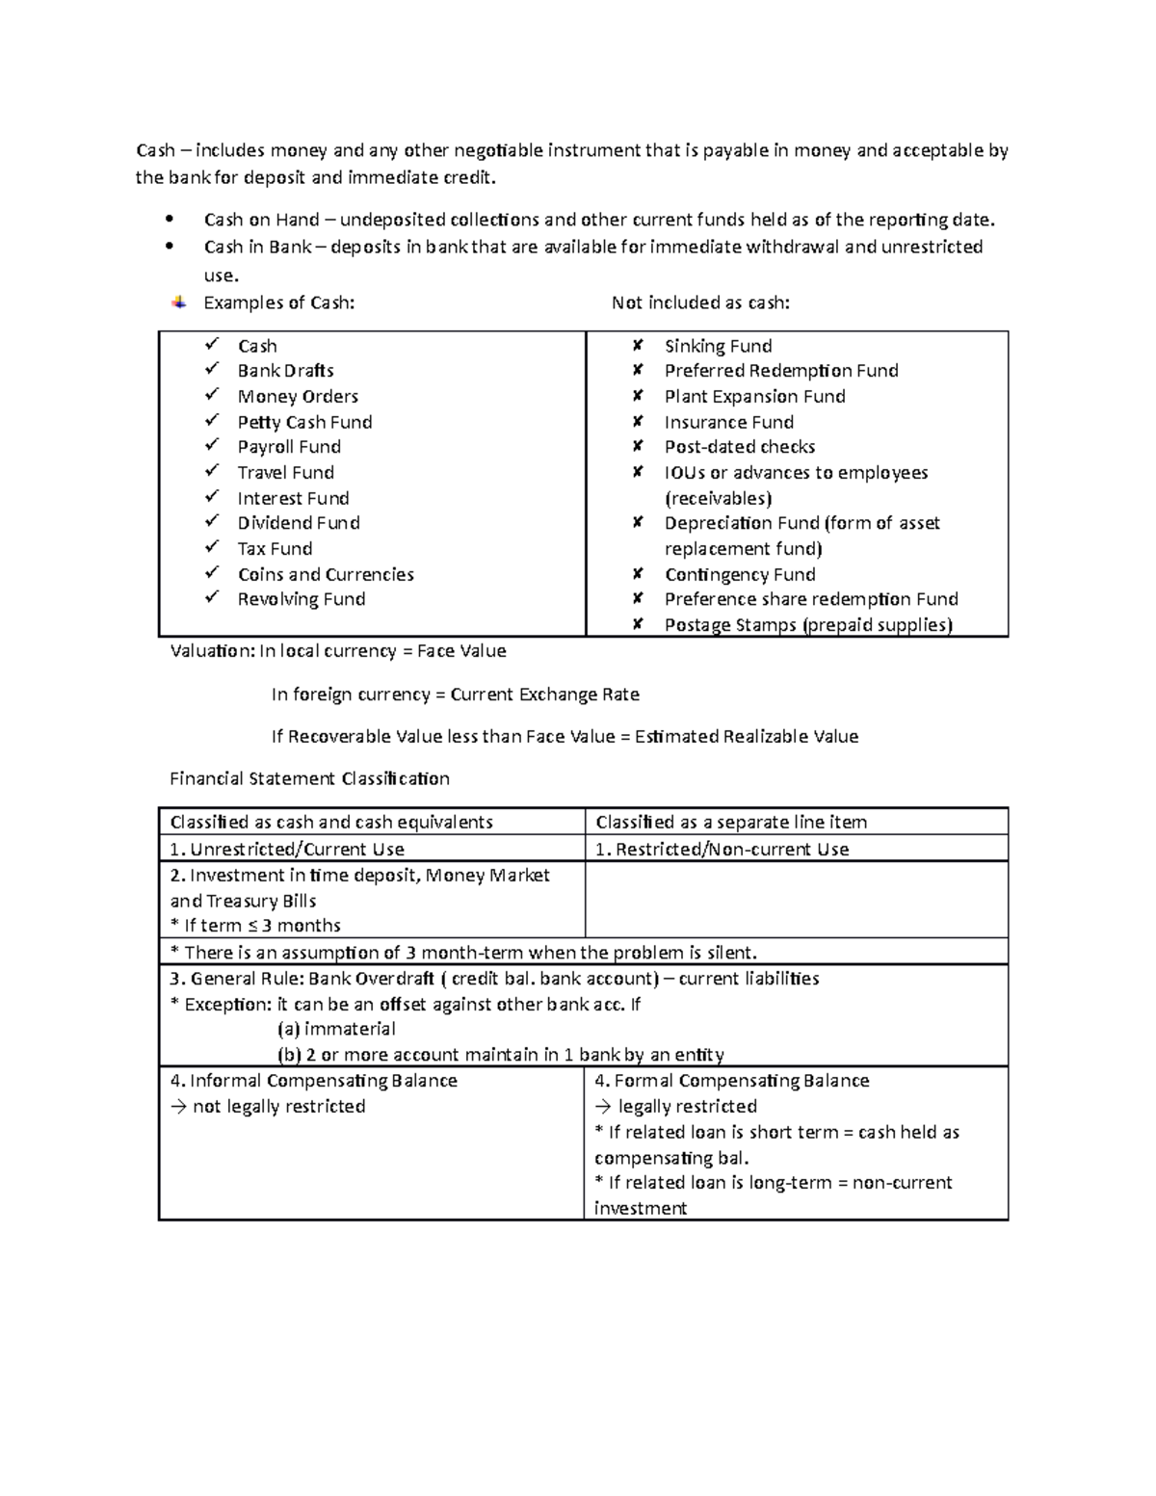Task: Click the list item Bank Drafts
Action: point(285,371)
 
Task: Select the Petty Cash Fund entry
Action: point(304,422)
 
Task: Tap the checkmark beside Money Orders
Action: point(212,395)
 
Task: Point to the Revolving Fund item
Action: point(301,599)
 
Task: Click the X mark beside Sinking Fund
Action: point(637,345)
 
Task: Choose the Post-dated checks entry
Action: point(739,447)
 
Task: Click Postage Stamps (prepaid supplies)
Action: point(807,625)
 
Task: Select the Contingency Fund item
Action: point(739,575)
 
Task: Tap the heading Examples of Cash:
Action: point(278,303)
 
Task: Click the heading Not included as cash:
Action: point(700,303)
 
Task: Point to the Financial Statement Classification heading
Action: point(309,778)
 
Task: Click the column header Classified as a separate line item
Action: point(730,822)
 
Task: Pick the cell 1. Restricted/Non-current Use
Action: point(722,849)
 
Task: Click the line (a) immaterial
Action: point(336,1029)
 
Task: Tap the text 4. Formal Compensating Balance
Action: point(731,1081)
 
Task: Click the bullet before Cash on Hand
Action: point(171,220)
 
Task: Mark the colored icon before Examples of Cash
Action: point(178,302)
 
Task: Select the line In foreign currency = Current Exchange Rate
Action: point(455,695)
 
